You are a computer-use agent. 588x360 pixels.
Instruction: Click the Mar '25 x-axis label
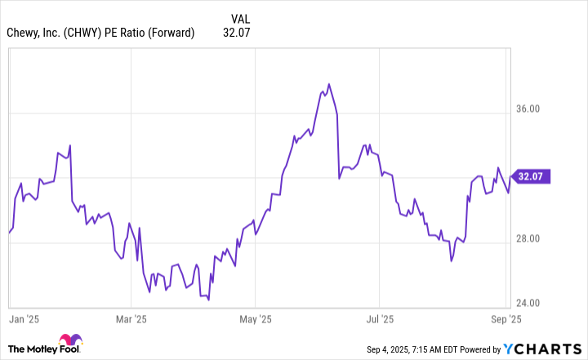click(x=131, y=319)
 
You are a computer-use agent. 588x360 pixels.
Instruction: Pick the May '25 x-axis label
click(x=256, y=319)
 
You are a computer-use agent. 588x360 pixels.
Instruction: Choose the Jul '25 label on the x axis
click(x=380, y=319)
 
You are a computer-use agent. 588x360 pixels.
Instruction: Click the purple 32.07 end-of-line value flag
click(x=531, y=176)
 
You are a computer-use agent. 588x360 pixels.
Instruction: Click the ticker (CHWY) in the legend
click(x=82, y=33)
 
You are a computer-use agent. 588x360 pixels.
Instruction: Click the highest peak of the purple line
click(x=328, y=83)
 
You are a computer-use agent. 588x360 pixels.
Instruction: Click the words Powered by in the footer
click(x=478, y=349)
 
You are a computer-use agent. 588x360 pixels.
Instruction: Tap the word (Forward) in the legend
click(x=170, y=33)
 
